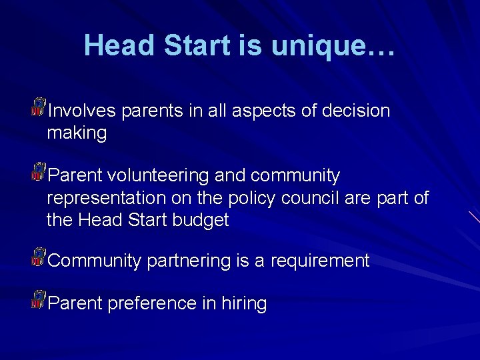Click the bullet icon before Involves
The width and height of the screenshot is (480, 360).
pyautogui.click(x=38, y=106)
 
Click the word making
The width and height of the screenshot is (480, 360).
pyautogui.click(x=77, y=133)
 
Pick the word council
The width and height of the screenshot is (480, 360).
pyautogui.click(x=312, y=198)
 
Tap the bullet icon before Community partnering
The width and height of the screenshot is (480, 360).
pyautogui.click(x=38, y=257)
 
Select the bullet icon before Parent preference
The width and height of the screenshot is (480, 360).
pyautogui.click(x=38, y=299)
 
